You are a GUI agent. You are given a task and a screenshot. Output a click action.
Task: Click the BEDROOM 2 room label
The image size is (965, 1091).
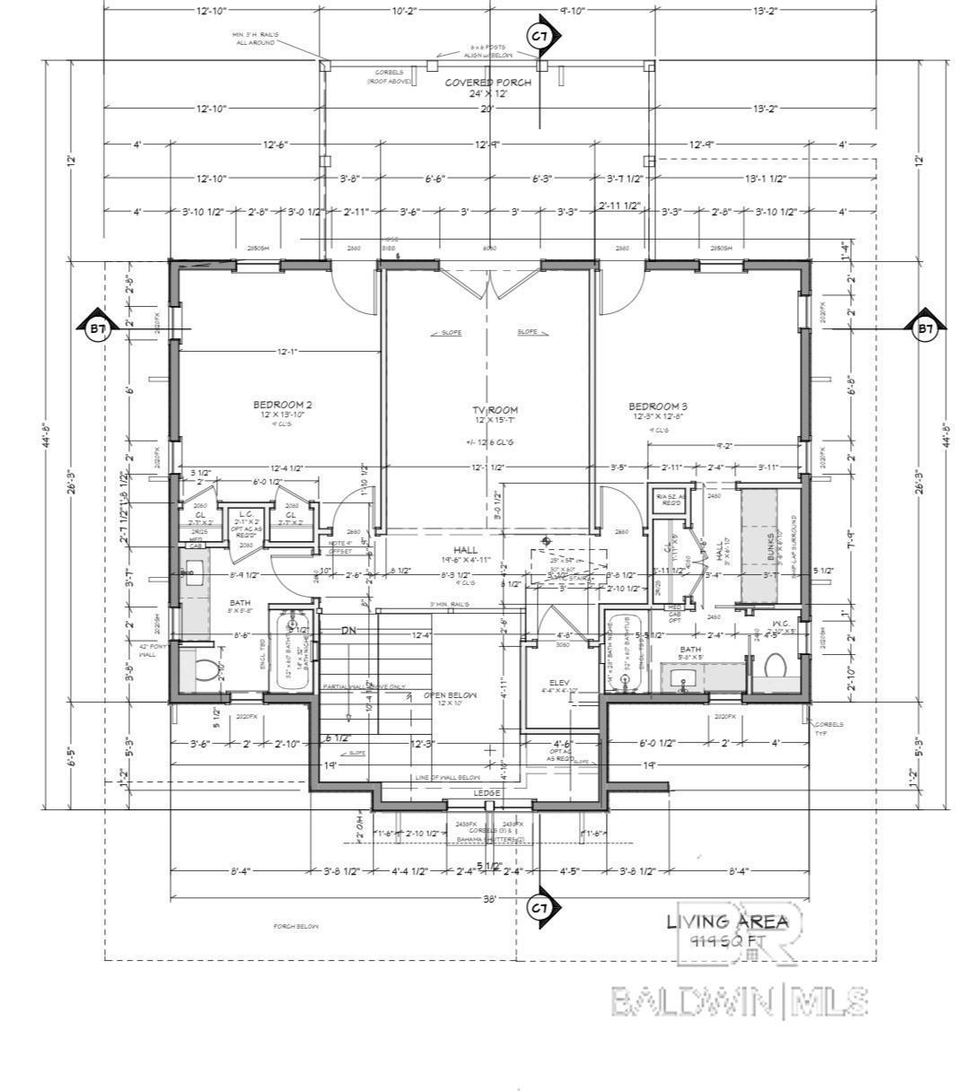(x=282, y=405)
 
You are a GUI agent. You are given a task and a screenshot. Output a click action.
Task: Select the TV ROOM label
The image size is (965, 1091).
(x=496, y=410)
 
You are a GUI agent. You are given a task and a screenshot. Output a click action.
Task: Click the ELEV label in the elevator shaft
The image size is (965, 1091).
(x=559, y=683)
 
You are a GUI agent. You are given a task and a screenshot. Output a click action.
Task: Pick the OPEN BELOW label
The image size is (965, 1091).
(x=450, y=695)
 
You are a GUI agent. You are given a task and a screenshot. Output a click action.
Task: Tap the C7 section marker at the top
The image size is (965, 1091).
(x=540, y=36)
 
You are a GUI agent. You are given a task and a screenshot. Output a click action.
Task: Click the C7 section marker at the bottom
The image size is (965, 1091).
(x=540, y=908)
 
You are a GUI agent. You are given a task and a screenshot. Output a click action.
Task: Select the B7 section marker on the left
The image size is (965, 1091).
(x=98, y=329)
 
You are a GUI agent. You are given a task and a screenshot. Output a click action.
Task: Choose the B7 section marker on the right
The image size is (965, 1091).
(x=926, y=329)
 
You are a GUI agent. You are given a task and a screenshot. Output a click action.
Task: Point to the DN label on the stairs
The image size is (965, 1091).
(x=348, y=631)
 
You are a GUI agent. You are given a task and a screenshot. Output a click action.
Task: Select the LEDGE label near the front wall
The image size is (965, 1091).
(x=487, y=793)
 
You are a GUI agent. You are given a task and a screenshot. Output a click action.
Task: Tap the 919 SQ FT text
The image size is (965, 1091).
(x=727, y=940)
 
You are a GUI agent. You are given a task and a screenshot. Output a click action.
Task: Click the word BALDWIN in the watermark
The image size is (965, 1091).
(x=692, y=1000)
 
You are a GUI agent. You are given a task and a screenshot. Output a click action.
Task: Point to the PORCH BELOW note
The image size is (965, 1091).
(x=296, y=926)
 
